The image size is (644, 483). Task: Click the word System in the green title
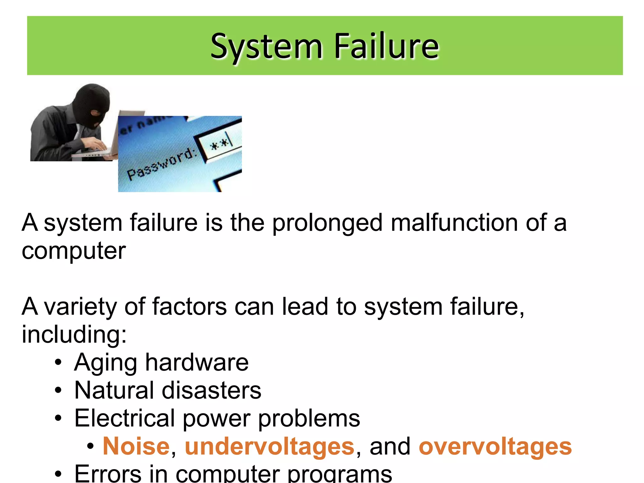[266, 47]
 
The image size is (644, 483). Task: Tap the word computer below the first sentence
[74, 251]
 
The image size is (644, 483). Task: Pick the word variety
[80, 307]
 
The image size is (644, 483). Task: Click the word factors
[189, 306]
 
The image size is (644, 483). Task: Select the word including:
[74, 334]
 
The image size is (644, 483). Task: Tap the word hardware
[197, 362]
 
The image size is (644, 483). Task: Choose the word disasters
[211, 390]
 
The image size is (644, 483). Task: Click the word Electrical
[125, 418]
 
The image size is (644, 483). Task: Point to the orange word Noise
[136, 446]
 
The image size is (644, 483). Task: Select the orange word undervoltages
[269, 446]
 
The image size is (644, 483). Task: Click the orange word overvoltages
[495, 446]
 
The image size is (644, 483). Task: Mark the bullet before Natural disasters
[58, 391]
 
